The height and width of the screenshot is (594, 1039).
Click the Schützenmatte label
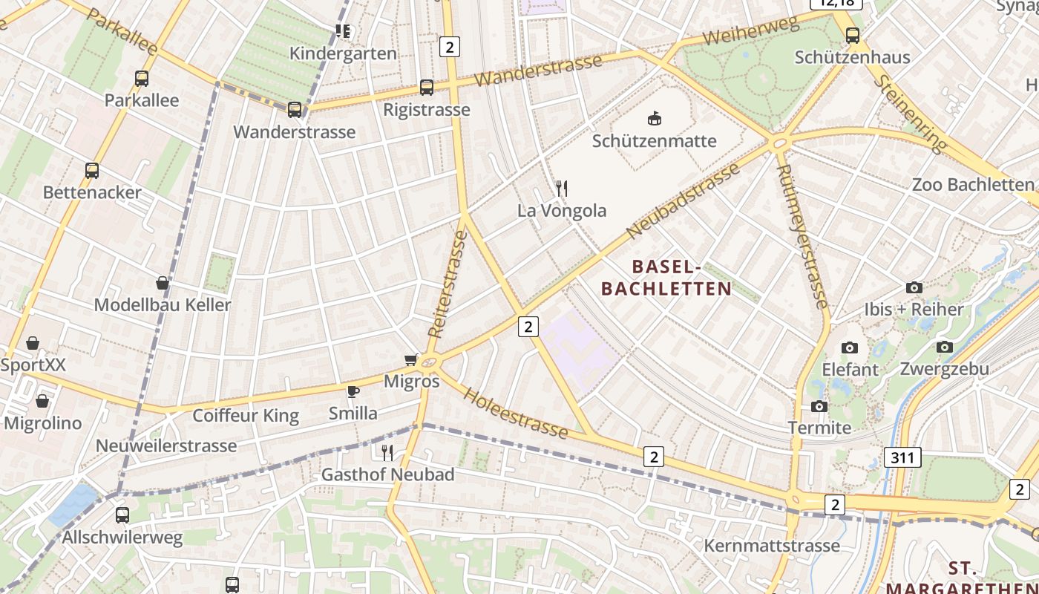[654, 141]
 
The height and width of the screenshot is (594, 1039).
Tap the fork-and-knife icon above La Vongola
[562, 189]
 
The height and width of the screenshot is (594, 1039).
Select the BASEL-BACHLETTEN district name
[666, 277]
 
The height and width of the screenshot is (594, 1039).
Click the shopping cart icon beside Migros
[411, 360]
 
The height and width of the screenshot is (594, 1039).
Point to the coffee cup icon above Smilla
[353, 391]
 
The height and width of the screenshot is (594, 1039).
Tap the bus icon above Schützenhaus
[853, 35]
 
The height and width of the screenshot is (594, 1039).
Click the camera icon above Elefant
[850, 347]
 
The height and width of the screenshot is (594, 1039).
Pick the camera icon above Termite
[819, 406]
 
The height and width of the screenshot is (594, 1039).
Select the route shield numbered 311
[902, 457]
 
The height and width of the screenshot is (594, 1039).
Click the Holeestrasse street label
[515, 412]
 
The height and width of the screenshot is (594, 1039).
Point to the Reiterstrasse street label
[448, 284]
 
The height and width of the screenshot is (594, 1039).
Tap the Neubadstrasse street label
[684, 200]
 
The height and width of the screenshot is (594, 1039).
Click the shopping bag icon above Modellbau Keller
[163, 283]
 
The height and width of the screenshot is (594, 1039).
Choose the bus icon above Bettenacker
[92, 171]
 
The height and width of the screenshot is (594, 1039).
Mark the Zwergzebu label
[944, 369]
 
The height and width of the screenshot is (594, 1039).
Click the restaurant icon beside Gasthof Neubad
[387, 452]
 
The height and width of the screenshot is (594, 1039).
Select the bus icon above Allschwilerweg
[122, 515]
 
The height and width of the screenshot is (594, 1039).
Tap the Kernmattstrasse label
[772, 546]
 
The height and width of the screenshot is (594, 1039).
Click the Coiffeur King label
[246, 416]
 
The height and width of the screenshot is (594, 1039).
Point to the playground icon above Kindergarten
[342, 31]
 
